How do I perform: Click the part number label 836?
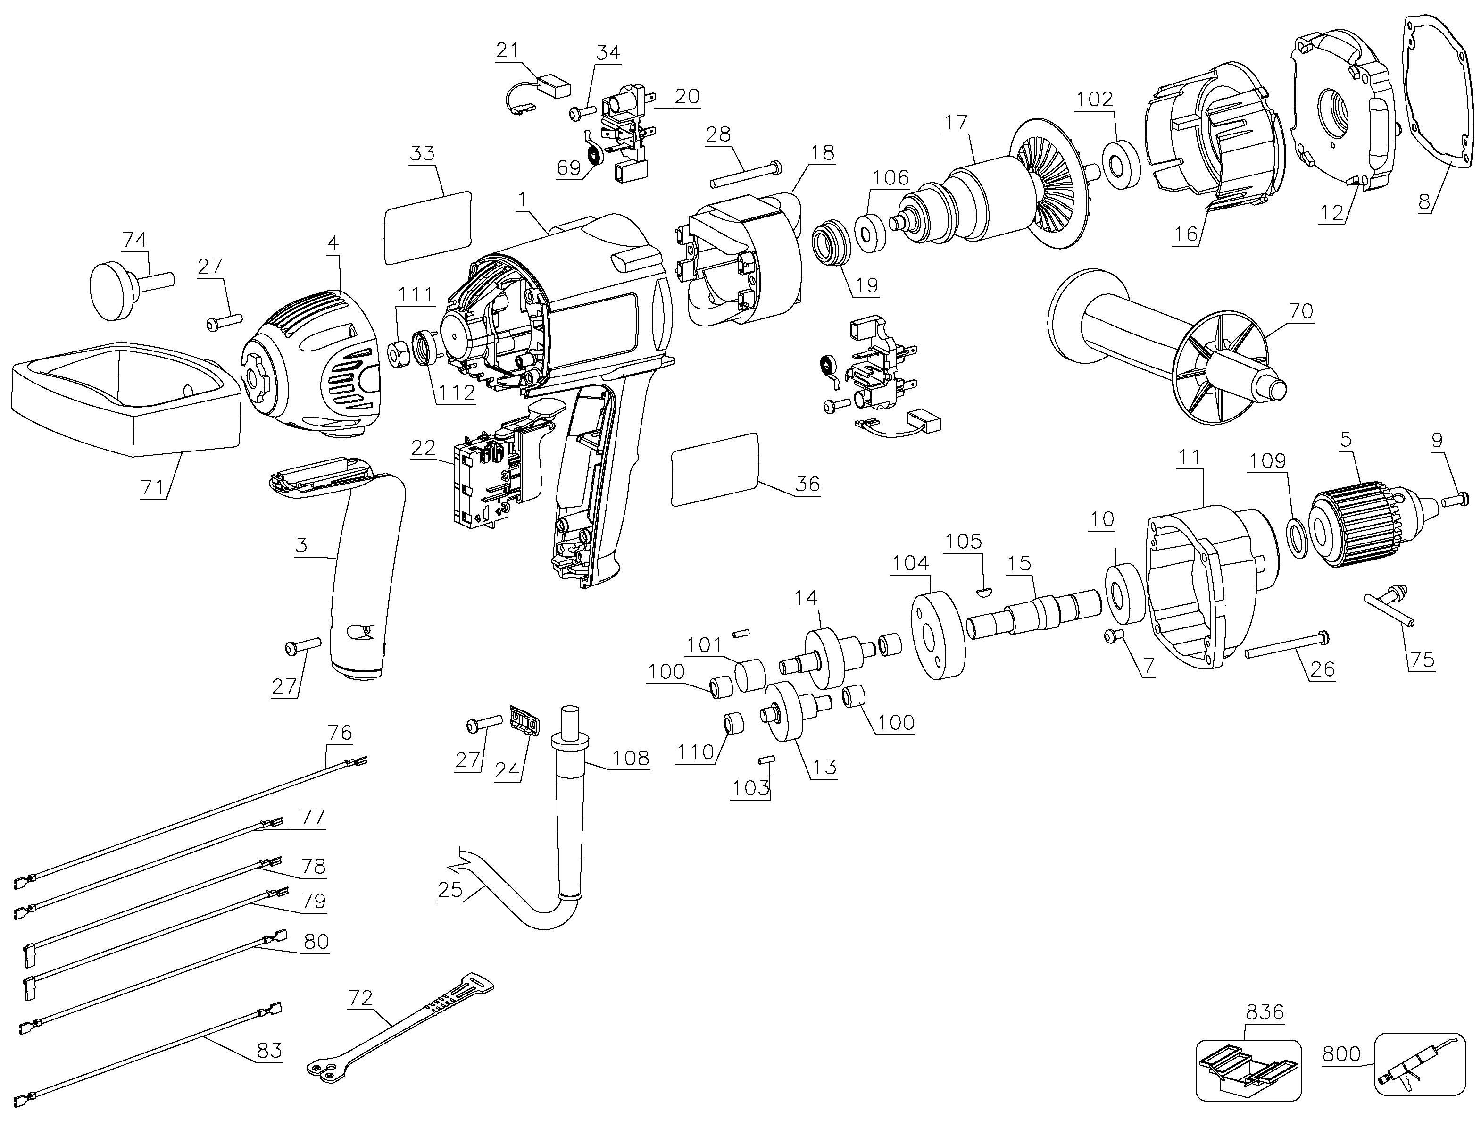(x=1265, y=1012)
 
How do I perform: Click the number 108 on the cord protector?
(x=631, y=758)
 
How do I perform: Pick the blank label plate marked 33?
(x=428, y=227)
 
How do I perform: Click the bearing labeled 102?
(x=1121, y=165)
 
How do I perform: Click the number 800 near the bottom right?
(x=1341, y=1053)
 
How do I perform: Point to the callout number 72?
(x=360, y=998)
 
